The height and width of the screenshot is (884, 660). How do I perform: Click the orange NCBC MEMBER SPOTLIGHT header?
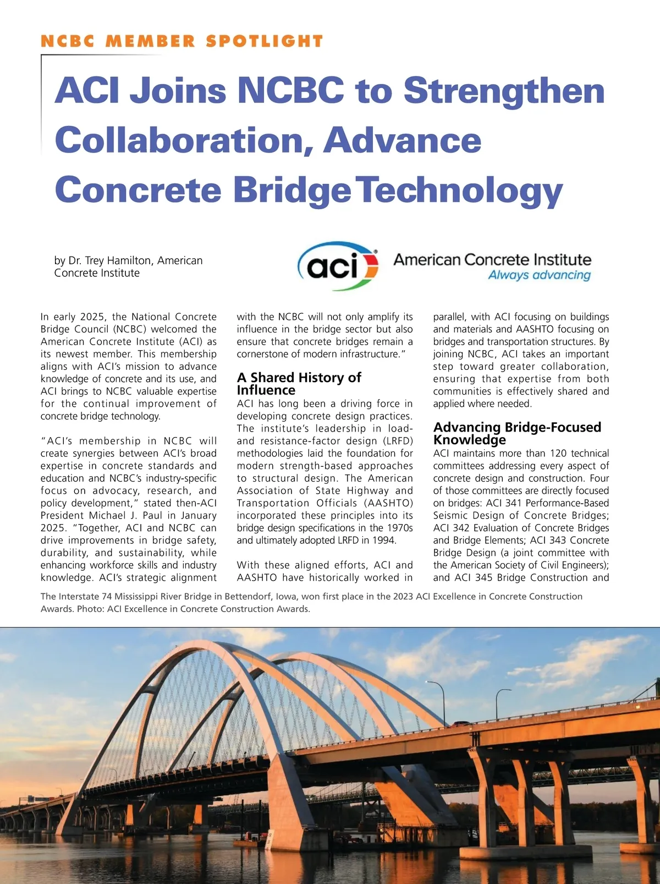pos(182,41)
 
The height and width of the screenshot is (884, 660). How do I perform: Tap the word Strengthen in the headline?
pos(504,91)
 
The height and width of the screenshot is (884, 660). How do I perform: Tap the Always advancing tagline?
pos(539,275)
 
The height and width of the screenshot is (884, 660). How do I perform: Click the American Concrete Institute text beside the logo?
pos(492,259)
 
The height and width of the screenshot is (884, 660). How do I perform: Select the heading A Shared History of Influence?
pos(299,384)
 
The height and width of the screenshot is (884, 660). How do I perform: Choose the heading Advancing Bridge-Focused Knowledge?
pos(517,433)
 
